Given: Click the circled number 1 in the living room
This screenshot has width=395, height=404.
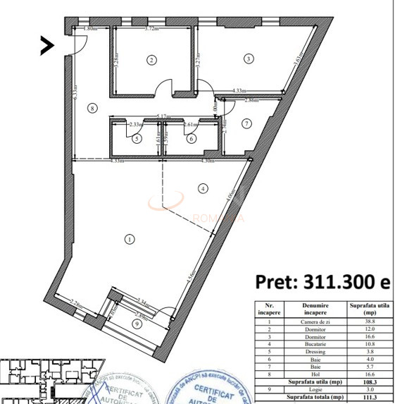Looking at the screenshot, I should pyautogui.click(x=130, y=239).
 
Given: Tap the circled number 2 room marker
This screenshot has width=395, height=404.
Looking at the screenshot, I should pyautogui.click(x=151, y=60).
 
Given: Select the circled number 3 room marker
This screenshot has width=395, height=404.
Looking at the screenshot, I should pyautogui.click(x=248, y=59).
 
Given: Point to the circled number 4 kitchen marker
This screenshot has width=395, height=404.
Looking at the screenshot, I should pyautogui.click(x=203, y=188).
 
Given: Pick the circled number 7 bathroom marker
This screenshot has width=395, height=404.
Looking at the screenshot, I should pyautogui.click(x=246, y=123).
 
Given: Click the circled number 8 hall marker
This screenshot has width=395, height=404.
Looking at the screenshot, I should pyautogui.click(x=91, y=108).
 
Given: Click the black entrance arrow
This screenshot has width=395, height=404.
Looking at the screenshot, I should pyautogui.click(x=47, y=46).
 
